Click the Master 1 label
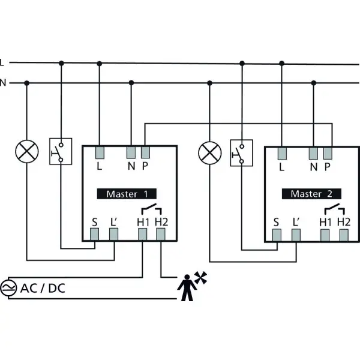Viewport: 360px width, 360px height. click(x=127, y=194)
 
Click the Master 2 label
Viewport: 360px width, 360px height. click(x=311, y=194)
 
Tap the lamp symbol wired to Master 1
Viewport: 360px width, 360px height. click(x=27, y=152)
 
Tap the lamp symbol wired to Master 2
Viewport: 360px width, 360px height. click(x=210, y=153)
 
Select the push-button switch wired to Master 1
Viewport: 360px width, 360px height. click(x=61, y=151)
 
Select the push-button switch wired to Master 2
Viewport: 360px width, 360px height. click(x=242, y=153)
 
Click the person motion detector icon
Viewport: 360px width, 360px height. click(x=191, y=286)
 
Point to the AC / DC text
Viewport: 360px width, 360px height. click(x=43, y=288)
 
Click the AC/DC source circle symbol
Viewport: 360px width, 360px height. click(x=8, y=288)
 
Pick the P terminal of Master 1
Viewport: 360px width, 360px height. click(x=145, y=152)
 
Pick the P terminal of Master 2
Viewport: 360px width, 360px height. click(x=328, y=154)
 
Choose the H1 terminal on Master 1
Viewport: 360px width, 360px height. click(x=142, y=235)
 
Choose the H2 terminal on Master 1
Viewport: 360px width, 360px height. click(x=161, y=235)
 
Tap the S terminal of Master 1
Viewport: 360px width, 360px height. click(x=94, y=235)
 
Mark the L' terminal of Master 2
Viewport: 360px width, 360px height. click(x=296, y=235)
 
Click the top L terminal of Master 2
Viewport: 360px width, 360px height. click(x=282, y=154)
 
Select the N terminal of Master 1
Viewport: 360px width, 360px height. click(x=131, y=152)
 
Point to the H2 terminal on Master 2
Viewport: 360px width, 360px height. click(x=344, y=235)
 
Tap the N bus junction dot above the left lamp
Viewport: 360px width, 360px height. click(x=27, y=83)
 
